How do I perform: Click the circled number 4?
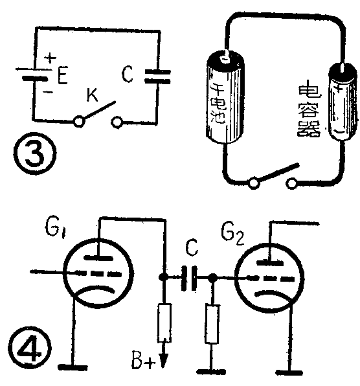coord(30,348)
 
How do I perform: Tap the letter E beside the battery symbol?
coord(63,76)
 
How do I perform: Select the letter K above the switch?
coord(93,95)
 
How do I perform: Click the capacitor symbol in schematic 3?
coord(157,76)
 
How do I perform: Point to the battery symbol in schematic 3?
coord(34,74)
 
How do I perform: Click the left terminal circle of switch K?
coord(79,121)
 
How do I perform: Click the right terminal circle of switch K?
coord(117,122)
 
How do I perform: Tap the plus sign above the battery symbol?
coord(51,58)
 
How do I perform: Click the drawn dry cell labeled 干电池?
coord(225,96)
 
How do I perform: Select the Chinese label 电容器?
coord(309,111)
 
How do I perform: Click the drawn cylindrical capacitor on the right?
coord(343,102)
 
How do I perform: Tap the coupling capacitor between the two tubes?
coord(189,278)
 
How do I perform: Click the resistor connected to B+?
coord(164,323)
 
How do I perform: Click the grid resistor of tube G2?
coord(212,324)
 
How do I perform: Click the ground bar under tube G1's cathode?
coord(73,367)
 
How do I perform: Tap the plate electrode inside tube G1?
coord(98,258)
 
